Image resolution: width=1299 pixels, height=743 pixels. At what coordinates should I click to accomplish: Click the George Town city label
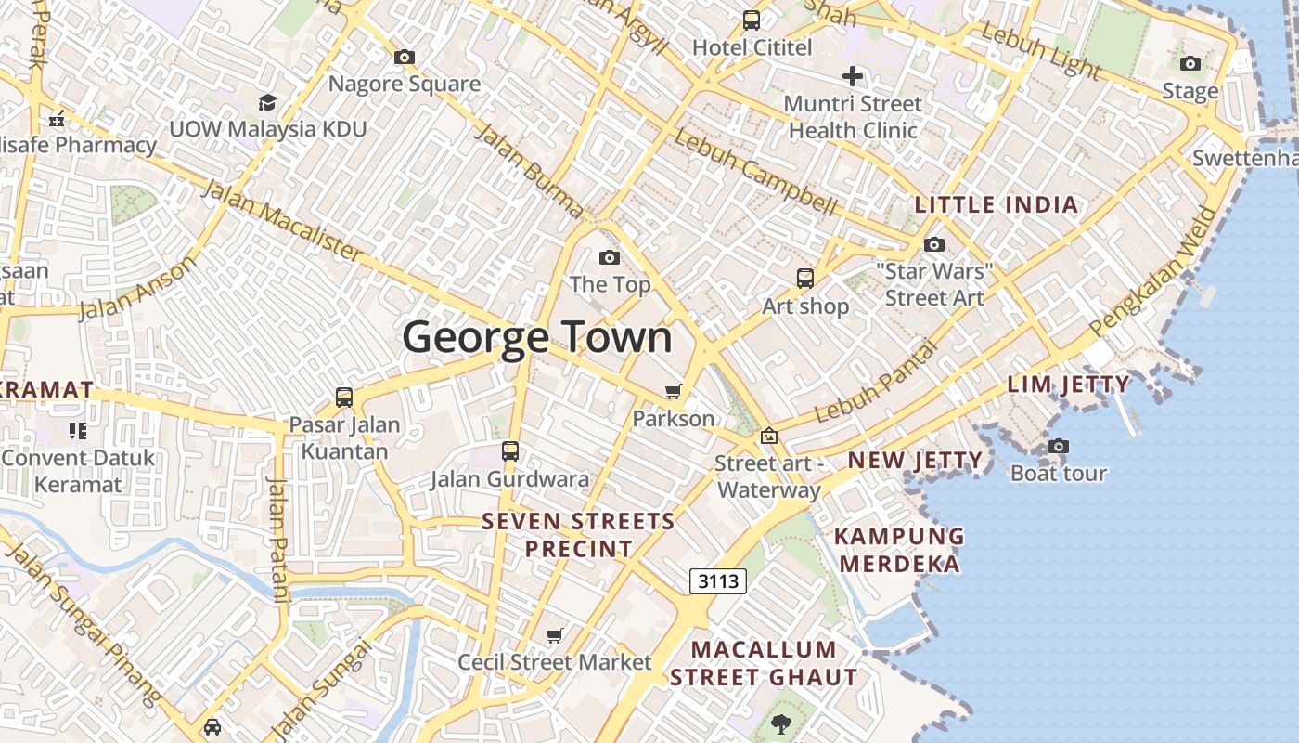coord(537,337)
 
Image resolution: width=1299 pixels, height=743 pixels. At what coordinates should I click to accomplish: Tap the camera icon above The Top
coord(610,257)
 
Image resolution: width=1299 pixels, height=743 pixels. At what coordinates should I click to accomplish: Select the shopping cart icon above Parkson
coord(674,391)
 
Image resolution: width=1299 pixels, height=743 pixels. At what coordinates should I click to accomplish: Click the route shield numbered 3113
coord(718,581)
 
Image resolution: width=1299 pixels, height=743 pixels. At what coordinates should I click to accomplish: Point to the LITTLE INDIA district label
coord(997,205)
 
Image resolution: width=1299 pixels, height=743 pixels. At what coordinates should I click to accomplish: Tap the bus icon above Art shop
coord(805,278)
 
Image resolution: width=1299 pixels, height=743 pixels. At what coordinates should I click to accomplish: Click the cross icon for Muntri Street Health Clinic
coord(853,76)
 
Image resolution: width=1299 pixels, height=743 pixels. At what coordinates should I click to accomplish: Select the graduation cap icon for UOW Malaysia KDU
coord(267,101)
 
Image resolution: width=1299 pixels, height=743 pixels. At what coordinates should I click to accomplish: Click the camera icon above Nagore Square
coord(405,57)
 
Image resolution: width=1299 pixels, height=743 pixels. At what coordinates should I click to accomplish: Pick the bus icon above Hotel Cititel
coord(752,20)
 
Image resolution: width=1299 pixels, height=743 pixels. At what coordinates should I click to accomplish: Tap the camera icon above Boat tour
coord(1059,446)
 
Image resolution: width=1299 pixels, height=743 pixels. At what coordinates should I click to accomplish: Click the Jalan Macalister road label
coord(282,220)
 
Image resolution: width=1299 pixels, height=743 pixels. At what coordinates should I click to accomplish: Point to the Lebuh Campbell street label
coord(755,172)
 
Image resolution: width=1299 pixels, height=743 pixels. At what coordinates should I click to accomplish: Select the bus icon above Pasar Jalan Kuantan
coord(344,397)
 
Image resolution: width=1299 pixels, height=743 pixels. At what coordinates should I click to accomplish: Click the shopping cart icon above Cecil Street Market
coord(555,635)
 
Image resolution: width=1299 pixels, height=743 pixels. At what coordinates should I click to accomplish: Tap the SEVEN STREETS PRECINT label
coord(579,535)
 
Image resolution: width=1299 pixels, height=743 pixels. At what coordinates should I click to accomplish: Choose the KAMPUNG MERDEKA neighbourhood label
coord(899,550)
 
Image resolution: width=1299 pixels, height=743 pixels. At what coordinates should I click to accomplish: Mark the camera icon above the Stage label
coord(1190,63)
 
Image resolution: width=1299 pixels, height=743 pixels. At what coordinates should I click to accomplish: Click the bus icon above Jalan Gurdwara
coord(510,451)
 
